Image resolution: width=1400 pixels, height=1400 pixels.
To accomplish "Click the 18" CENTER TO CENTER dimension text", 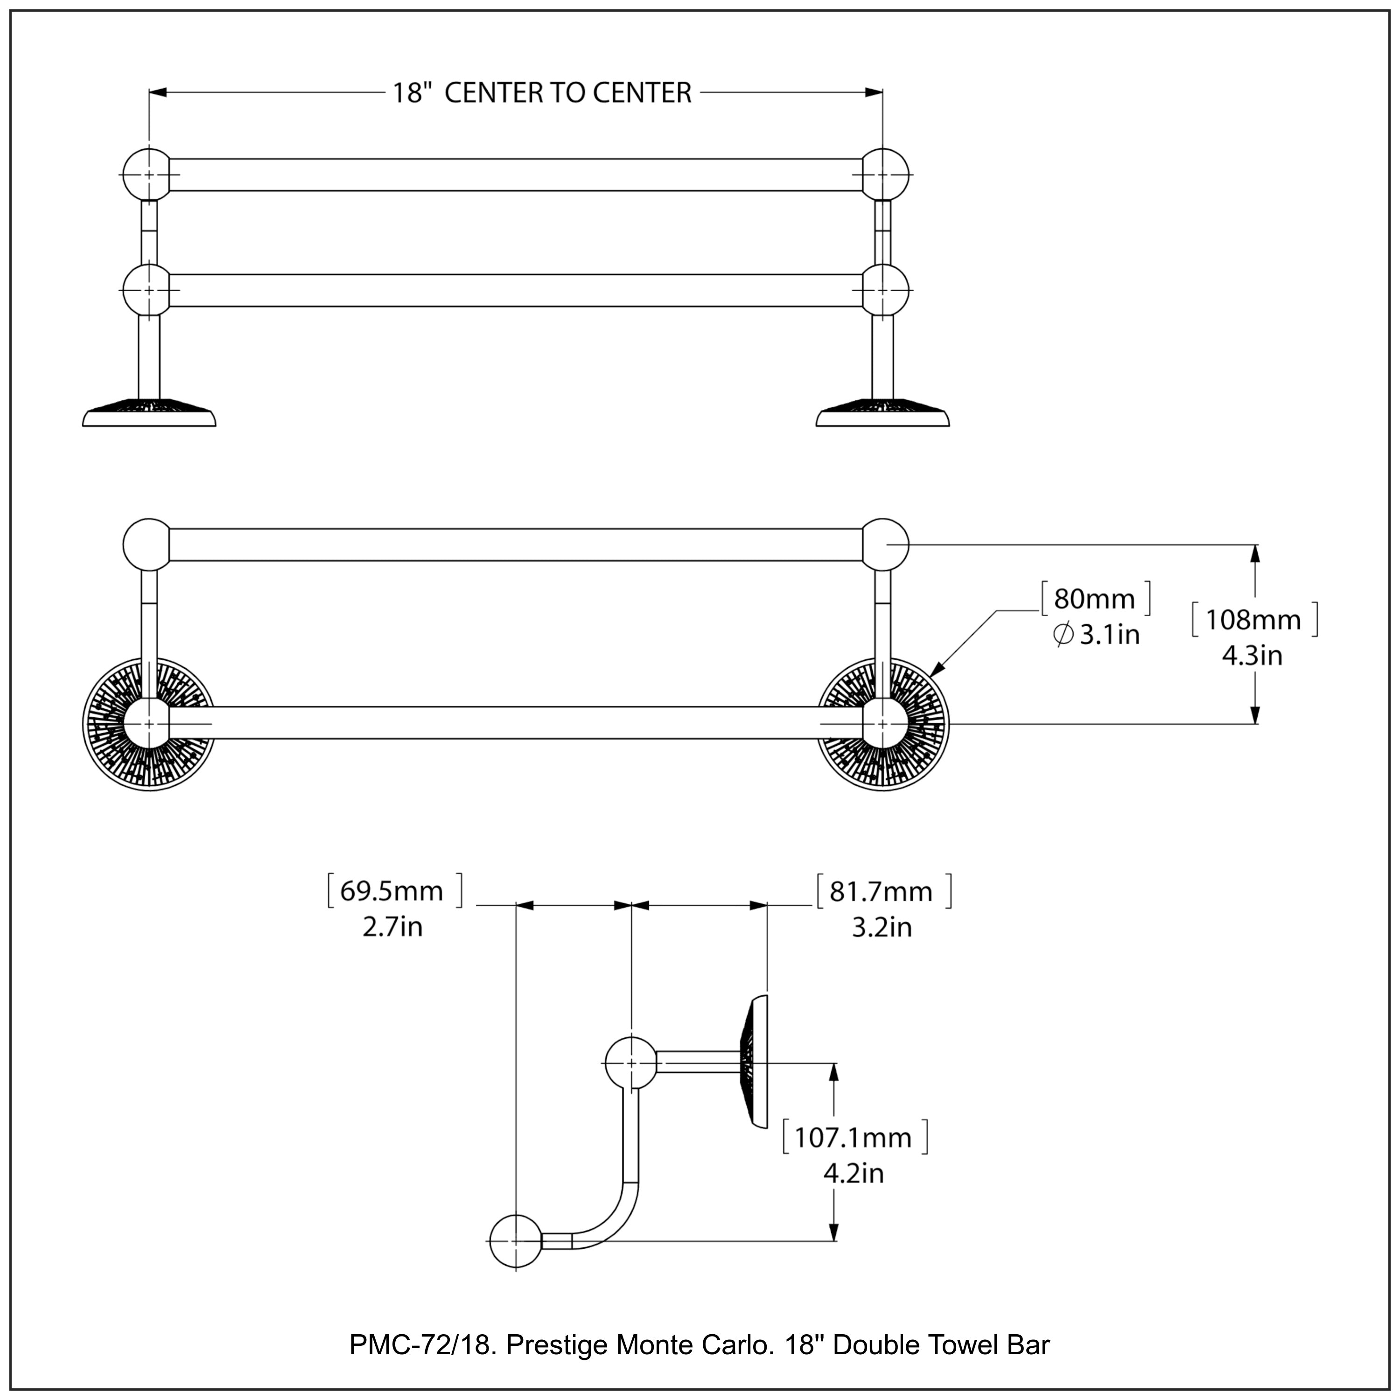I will (542, 93).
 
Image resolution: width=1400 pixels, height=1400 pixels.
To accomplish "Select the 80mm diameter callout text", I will (1094, 599).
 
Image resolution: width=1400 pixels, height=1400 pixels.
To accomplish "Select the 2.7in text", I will (392, 927).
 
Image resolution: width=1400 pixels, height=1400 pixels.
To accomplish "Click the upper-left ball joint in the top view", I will (147, 175).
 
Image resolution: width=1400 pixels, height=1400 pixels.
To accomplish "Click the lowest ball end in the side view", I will (515, 1241).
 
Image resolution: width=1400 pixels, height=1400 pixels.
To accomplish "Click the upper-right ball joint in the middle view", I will (885, 544).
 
